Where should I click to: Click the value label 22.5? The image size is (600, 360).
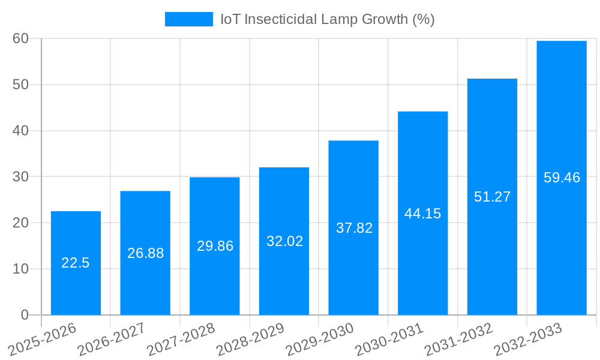pos(76,263)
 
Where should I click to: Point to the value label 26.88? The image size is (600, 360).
pos(145,253)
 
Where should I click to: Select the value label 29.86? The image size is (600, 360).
pos(215,246)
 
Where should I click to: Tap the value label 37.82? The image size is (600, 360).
pos(354,228)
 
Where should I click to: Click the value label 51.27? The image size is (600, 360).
pos(492,197)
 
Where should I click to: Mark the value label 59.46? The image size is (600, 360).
pos(562,178)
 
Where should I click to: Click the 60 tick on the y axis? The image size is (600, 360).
pos(20,38)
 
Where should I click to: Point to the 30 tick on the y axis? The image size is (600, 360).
pos(20,176)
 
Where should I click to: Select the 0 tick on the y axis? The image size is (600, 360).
pos(25,315)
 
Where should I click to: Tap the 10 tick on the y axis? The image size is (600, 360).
pos(20,269)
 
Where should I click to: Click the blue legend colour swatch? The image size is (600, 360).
pos(188,19)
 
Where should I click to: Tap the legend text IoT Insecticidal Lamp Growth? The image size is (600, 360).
pos(327,19)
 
